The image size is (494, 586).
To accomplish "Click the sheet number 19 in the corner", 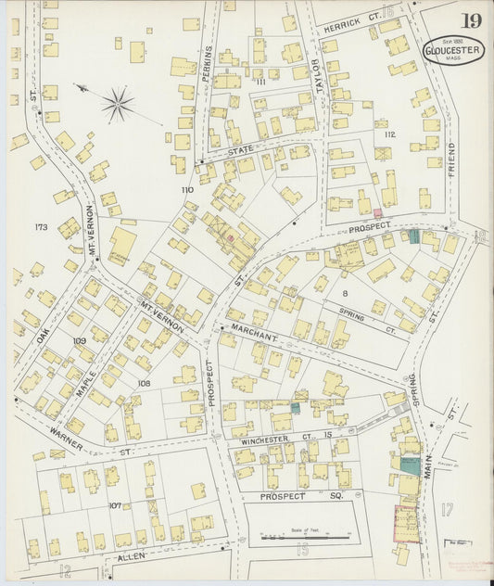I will (x=472, y=20).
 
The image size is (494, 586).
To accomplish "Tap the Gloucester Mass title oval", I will (x=454, y=50).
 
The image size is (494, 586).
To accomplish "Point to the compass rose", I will (x=118, y=104).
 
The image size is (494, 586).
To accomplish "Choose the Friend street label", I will (x=451, y=159).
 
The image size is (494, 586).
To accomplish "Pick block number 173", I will (x=40, y=227).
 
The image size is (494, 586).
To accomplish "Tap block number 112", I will (x=388, y=135).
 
